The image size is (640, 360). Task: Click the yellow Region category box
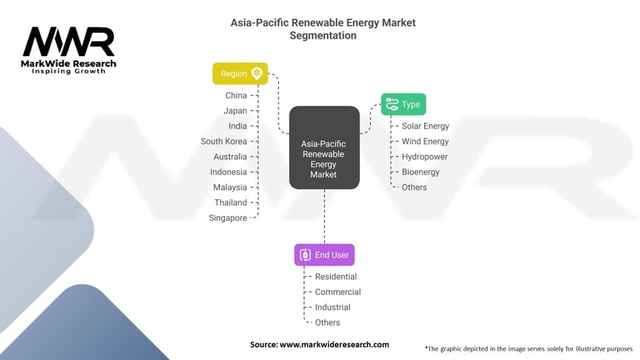[x=240, y=74]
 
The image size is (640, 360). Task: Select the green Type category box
[x=403, y=104]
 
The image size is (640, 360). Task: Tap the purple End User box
[x=324, y=255]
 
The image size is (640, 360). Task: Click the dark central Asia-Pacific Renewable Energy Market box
[x=324, y=147]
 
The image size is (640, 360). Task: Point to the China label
[x=236, y=96]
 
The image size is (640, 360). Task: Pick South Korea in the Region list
[x=224, y=141]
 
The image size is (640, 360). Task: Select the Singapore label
[x=228, y=218]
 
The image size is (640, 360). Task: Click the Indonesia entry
[x=229, y=172]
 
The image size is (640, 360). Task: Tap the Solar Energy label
[x=425, y=126]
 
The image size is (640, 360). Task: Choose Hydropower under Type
[x=424, y=157]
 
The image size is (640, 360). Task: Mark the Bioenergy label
[x=421, y=172]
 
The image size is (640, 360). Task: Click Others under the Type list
[x=414, y=187]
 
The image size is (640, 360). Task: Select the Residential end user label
[x=336, y=277]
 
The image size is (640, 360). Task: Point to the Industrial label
[x=332, y=307]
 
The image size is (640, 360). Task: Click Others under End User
[x=327, y=322]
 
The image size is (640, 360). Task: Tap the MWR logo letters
[x=69, y=42]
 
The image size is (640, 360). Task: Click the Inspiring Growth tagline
[x=69, y=71]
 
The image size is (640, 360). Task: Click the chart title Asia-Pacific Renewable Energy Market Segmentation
[x=323, y=29]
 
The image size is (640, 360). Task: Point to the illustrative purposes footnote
[x=528, y=349]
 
